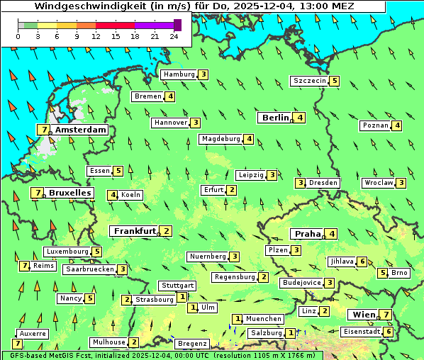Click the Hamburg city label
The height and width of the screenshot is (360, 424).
click(x=179, y=74)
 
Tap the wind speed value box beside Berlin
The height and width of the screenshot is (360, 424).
click(x=301, y=118)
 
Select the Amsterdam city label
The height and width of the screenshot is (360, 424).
click(x=80, y=130)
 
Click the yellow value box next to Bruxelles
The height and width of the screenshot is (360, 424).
click(x=36, y=193)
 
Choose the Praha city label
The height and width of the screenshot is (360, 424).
click(x=307, y=234)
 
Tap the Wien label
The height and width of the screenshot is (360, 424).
click(x=362, y=315)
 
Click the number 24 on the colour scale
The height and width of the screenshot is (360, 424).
click(x=174, y=36)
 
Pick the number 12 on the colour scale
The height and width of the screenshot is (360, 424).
click(x=96, y=36)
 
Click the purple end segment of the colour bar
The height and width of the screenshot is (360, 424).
click(x=177, y=25)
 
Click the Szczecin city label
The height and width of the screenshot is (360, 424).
click(x=310, y=81)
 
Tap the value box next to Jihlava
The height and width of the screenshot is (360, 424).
click(x=362, y=261)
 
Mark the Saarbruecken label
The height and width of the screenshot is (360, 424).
click(x=89, y=269)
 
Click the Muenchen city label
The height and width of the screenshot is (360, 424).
click(x=264, y=319)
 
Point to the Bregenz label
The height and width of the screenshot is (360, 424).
click(x=192, y=344)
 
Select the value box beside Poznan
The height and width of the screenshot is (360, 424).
click(x=397, y=125)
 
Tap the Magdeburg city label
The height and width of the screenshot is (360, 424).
click(x=221, y=139)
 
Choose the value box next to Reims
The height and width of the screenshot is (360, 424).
click(x=24, y=266)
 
